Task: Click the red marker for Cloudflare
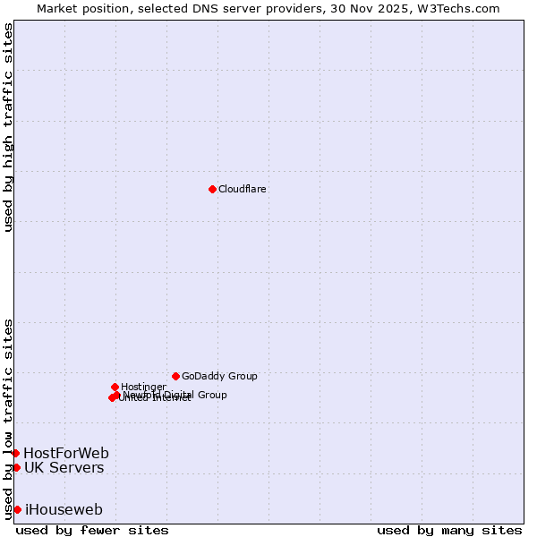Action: pyautogui.click(x=212, y=189)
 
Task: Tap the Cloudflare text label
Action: pyautogui.click(x=243, y=190)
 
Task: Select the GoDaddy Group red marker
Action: pyautogui.click(x=175, y=376)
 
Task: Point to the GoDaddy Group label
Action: pyautogui.click(x=219, y=377)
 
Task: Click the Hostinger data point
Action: pyautogui.click(x=115, y=387)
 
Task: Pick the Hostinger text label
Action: pyautogui.click(x=143, y=387)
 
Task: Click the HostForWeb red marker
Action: pyautogui.click(x=15, y=453)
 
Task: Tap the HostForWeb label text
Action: pyautogui.click(x=66, y=453)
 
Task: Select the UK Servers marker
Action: pyautogui.click(x=16, y=467)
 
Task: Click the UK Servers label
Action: pyautogui.click(x=64, y=468)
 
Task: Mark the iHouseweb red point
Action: pyautogui.click(x=17, y=509)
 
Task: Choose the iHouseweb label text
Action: pyautogui.click(x=64, y=510)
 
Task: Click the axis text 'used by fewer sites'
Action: pyautogui.click(x=92, y=530)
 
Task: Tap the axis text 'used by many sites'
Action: pyautogui.click(x=449, y=530)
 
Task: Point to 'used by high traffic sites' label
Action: pyautogui.click(x=9, y=127)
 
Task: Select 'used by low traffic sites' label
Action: pyautogui.click(x=9, y=418)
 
